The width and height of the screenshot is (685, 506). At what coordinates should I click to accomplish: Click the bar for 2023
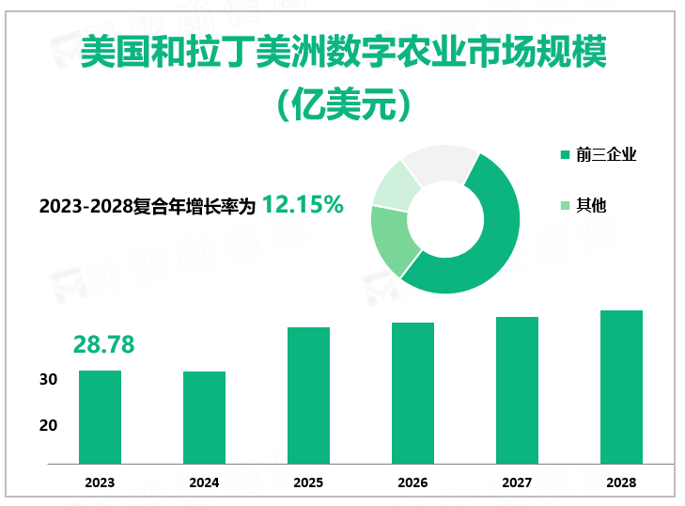coord(100,417)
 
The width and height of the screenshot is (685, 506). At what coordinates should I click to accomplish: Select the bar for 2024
coord(204,418)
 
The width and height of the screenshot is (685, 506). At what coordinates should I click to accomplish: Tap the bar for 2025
coord(308,395)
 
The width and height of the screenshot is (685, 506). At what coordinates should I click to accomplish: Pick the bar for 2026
coord(413,393)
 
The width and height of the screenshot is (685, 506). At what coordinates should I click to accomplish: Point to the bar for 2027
coord(517,390)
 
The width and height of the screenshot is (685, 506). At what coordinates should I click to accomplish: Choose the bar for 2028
coord(621,387)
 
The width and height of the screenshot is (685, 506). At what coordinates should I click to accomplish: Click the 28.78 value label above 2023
coord(103,345)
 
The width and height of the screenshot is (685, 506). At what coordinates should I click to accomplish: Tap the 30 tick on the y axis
coord(49,380)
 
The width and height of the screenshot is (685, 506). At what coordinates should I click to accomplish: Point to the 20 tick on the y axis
coord(49,425)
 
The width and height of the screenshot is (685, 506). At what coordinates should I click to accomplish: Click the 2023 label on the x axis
coord(100,482)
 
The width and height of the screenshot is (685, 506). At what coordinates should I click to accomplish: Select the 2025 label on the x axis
coord(308,482)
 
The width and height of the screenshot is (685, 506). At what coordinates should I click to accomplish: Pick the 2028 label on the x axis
coord(621,482)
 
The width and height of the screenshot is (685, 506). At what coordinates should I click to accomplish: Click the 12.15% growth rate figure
coord(303,203)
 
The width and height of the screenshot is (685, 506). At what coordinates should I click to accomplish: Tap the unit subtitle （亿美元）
coord(344,103)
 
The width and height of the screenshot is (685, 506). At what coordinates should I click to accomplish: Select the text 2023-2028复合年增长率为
coord(148,206)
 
